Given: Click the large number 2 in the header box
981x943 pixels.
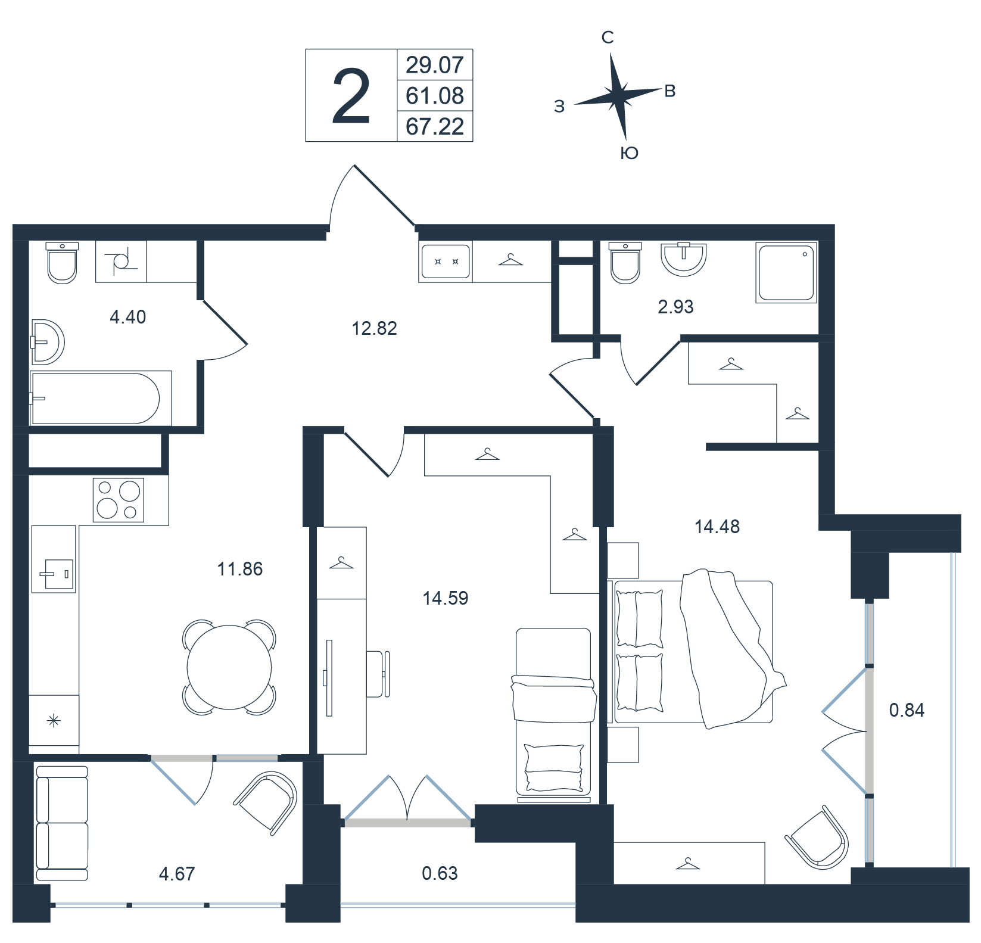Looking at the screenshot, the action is pos(351,96).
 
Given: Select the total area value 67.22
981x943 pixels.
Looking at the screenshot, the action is pos(435,126).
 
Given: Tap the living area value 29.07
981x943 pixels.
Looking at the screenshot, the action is pos(435,64).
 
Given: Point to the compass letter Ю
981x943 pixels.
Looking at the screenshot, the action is pos(629,153).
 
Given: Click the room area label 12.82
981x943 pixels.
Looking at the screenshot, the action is pos(374,328).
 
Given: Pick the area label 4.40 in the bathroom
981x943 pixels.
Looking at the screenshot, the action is pos(128,317).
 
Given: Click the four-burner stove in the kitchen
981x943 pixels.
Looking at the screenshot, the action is pos(119,500).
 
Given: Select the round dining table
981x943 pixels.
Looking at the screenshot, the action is pos(229,667).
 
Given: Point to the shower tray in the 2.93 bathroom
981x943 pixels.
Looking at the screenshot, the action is pos(786,273).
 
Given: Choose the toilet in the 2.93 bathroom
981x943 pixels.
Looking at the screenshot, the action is pos(625,263).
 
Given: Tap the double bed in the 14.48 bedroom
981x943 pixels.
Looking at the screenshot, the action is pos(694,652).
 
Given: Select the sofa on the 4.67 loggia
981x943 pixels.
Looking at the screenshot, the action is pos(62,823).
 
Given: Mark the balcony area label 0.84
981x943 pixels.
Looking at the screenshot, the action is pos(907,710).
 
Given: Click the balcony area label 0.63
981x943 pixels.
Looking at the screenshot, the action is pos(440,873).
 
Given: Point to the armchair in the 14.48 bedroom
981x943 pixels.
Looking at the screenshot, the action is pos(817,837).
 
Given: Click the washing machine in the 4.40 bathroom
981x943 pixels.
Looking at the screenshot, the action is pos(121,262).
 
